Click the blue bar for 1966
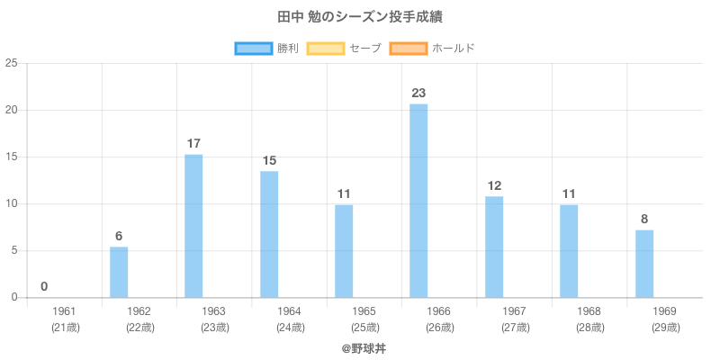pos(418,201)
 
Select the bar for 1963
pos(193,226)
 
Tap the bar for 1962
pos(119,272)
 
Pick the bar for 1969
pos(644,264)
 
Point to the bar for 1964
pos(269,234)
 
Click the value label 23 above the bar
pos(418,93)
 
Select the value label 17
pos(193,143)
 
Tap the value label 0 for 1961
pos(44,286)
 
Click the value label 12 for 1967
pos(494,185)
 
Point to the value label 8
pos(644,219)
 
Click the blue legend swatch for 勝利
pos(253,48)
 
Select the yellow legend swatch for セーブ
pos(326,48)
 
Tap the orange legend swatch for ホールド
pos(409,48)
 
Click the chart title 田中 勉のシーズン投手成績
pos(360,17)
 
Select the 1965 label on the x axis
pos(364,311)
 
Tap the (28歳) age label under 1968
pos(590,328)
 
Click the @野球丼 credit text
pos(364,346)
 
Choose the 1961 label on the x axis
pos(65,311)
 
